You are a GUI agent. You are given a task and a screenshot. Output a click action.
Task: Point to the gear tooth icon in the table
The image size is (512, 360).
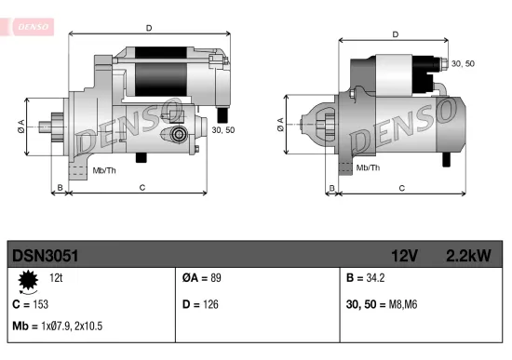(28, 279)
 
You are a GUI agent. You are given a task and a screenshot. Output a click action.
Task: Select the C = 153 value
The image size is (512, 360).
(31, 304)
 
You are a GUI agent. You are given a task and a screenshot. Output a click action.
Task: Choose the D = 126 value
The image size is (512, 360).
(200, 304)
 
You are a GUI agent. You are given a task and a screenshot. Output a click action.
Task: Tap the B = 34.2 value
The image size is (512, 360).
(366, 278)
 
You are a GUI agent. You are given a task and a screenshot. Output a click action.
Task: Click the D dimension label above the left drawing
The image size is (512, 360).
(149, 28)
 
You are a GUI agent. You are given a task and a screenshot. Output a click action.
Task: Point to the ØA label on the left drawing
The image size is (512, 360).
(21, 127)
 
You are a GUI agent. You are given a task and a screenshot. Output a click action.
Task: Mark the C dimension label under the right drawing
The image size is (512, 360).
(401, 189)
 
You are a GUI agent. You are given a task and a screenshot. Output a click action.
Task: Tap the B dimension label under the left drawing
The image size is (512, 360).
(60, 189)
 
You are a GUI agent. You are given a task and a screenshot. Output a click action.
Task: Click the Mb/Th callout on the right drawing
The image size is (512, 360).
(369, 167)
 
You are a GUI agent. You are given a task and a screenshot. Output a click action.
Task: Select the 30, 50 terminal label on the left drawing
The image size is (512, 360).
(223, 130)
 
